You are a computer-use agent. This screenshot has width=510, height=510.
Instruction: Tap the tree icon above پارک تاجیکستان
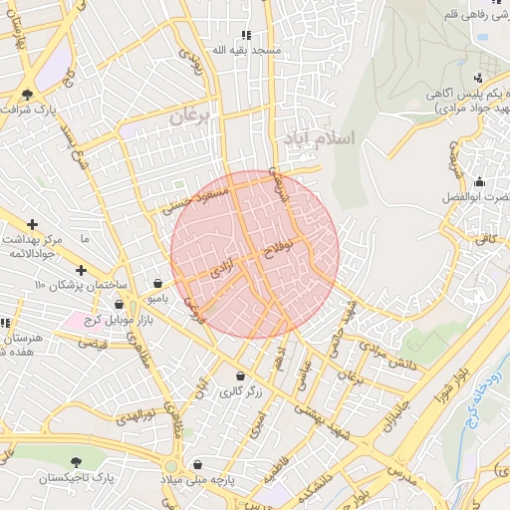(76, 461)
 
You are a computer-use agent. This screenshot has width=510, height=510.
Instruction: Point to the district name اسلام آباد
(318, 136)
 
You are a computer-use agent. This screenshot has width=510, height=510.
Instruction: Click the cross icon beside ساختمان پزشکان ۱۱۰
(81, 270)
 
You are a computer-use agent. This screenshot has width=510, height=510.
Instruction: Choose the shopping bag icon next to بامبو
(159, 283)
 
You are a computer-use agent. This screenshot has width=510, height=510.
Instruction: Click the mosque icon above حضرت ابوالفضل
(480, 181)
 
